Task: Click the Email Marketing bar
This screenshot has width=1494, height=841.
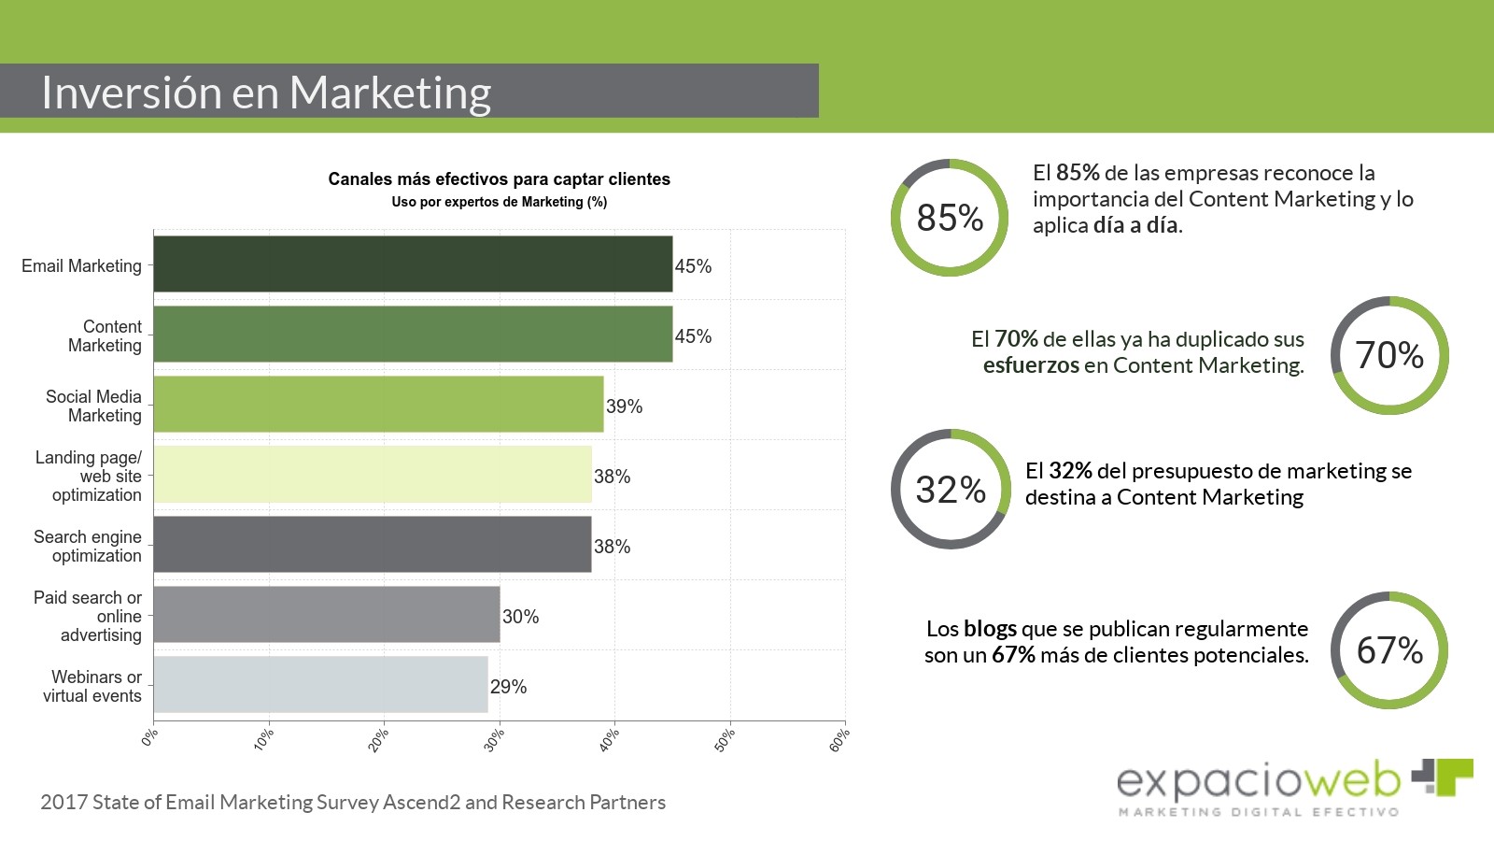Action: pos(413,264)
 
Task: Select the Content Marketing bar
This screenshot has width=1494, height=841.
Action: pos(413,334)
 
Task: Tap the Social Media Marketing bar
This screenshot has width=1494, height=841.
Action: pos(378,404)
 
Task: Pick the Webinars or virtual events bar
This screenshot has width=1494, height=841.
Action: pos(320,684)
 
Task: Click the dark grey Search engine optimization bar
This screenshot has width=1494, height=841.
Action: pos(372,544)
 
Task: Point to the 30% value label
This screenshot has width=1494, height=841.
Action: pos(520,617)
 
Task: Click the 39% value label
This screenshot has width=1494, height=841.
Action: pos(624,406)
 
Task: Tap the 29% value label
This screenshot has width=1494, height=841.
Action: pos(508,687)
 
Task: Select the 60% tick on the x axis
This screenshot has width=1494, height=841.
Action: pos(839,740)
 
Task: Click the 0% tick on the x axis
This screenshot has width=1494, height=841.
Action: pos(149,738)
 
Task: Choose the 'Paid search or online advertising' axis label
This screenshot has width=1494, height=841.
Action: pos(88,616)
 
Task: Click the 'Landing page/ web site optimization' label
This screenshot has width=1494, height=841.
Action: pos(89,476)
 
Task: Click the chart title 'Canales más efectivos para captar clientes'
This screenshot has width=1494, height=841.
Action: pos(499,179)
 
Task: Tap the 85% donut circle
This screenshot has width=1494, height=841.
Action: pos(950,218)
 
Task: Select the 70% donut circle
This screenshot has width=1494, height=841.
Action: pos(1389,355)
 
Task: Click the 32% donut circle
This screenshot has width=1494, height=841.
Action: pos(951,490)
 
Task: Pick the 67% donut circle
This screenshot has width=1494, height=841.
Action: pos(1389,650)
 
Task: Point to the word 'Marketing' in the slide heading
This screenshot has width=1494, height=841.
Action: pos(389,93)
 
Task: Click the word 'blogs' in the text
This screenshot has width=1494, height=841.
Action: pos(990,629)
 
